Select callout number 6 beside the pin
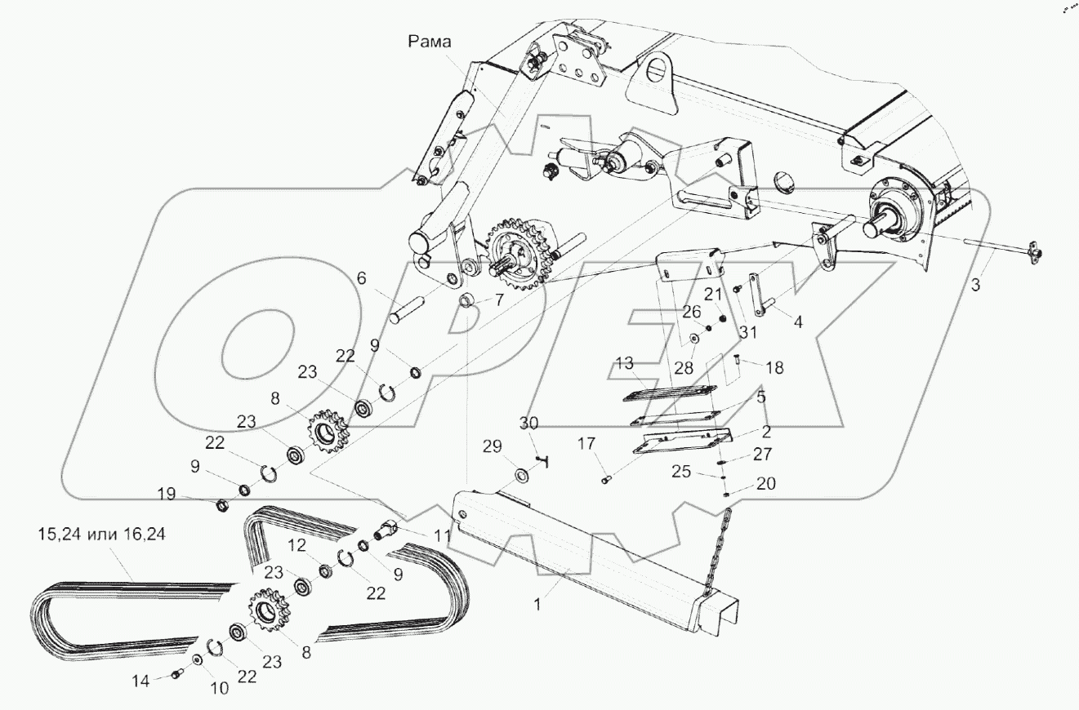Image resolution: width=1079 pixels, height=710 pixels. point(360,279)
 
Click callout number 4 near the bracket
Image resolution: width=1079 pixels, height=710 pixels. point(798,322)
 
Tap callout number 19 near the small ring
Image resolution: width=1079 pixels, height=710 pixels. point(167,493)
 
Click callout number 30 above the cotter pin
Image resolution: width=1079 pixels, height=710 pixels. point(529,424)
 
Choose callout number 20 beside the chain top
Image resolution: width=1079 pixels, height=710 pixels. point(765,484)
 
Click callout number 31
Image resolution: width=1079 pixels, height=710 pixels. point(748,332)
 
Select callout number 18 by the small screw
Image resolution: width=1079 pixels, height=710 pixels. point(774,368)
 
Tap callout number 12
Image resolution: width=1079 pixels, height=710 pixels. point(299,544)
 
